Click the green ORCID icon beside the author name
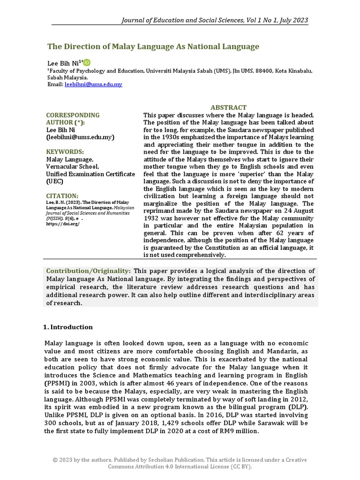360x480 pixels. point(87,62)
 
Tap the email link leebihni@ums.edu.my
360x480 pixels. point(93,84)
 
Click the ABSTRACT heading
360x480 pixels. point(228,107)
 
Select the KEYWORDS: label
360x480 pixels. point(65,152)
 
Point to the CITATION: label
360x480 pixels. point(62,195)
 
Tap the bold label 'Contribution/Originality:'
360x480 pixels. point(89,271)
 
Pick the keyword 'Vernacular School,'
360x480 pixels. point(72,166)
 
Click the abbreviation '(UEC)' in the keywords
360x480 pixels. point(55,181)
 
